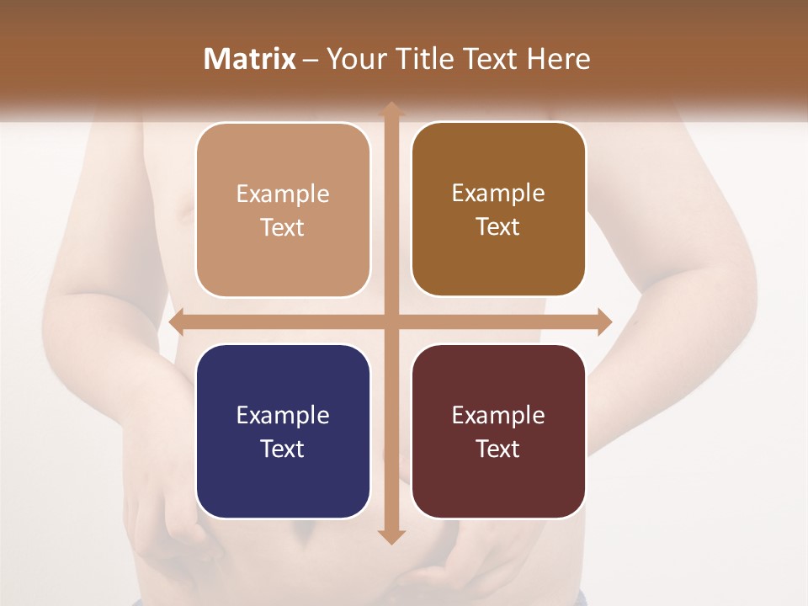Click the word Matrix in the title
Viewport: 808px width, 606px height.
(250, 59)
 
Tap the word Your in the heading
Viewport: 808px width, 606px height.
(353, 59)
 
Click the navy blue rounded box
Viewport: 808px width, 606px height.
(283, 431)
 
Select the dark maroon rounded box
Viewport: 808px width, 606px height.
(498, 431)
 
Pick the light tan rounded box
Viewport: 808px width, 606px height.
(283, 210)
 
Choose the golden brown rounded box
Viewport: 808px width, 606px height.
(498, 209)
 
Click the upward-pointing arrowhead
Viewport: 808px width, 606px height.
(391, 109)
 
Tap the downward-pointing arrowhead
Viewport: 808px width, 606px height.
(391, 536)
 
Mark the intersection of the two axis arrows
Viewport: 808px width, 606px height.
(391, 322)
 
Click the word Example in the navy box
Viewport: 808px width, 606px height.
(283, 415)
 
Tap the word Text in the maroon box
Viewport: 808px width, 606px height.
(498, 449)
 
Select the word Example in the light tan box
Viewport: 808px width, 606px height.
(283, 194)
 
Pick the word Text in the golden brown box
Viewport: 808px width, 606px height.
(498, 226)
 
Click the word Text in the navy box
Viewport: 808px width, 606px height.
(283, 449)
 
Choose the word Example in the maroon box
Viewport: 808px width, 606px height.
(498, 415)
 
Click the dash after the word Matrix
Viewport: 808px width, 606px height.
(311, 60)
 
